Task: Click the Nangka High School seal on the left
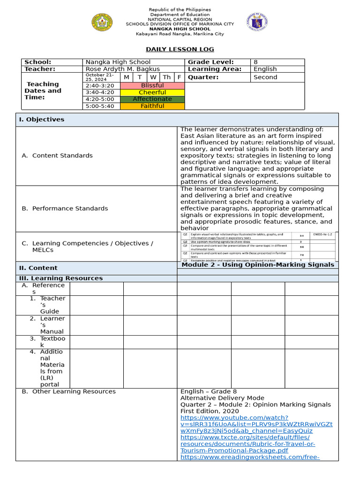click(x=102, y=22)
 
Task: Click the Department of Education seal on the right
click(x=257, y=22)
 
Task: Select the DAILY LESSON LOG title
click(x=180, y=49)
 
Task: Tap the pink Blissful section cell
click(x=152, y=86)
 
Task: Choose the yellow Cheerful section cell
click(x=152, y=92)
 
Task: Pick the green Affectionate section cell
click(x=152, y=99)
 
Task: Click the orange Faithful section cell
click(x=152, y=106)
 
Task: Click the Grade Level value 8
click(x=255, y=62)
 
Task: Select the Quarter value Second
click(x=265, y=77)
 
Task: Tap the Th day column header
click(x=166, y=77)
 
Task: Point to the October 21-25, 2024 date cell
click(x=101, y=77)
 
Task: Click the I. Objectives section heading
click(x=42, y=120)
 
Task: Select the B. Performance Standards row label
click(x=65, y=208)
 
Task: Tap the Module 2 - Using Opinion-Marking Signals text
click(x=258, y=265)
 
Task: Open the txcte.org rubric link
click(x=248, y=444)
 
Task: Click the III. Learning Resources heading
click(x=60, y=278)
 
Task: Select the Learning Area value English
click(x=265, y=69)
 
